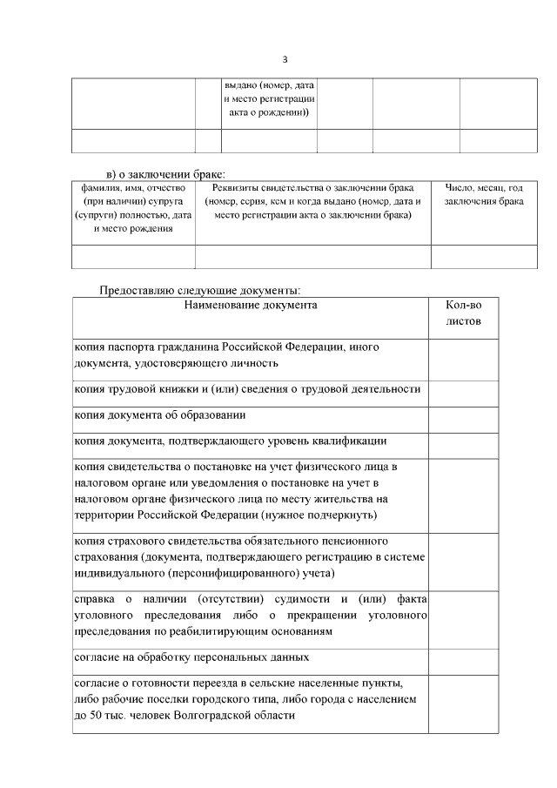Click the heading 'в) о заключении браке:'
coord(165,173)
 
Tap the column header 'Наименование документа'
coord(251,306)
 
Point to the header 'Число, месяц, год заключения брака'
coord(483,195)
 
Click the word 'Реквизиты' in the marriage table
coord(235,188)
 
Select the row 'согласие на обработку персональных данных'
coord(191,657)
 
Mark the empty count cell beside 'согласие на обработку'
coord(463,658)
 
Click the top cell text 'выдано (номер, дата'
coord(269,86)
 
